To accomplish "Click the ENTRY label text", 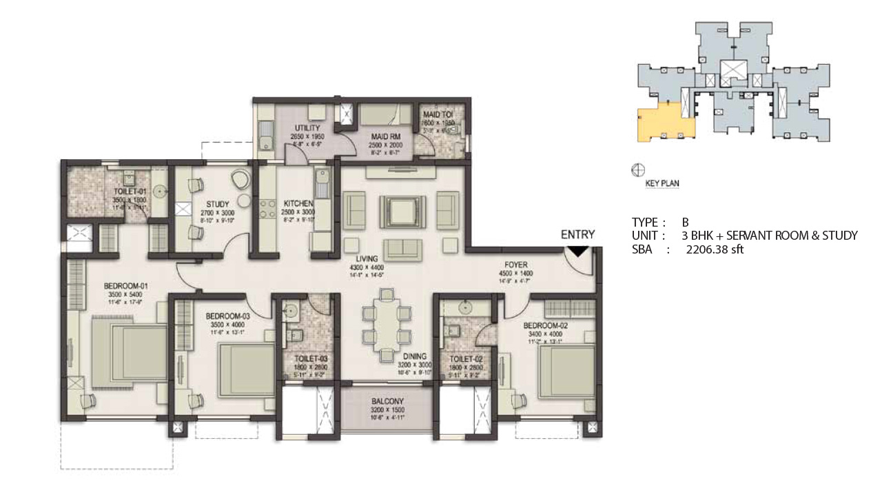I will (577, 235).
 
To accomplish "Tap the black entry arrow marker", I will (580, 253).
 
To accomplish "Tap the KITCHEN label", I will (299, 204).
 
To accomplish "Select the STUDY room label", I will (214, 204).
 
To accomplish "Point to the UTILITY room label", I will (305, 129).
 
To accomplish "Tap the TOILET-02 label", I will (464, 359).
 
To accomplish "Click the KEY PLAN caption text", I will (662, 184).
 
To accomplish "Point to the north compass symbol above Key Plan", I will (638, 169).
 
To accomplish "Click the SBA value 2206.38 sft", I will (715, 250).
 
